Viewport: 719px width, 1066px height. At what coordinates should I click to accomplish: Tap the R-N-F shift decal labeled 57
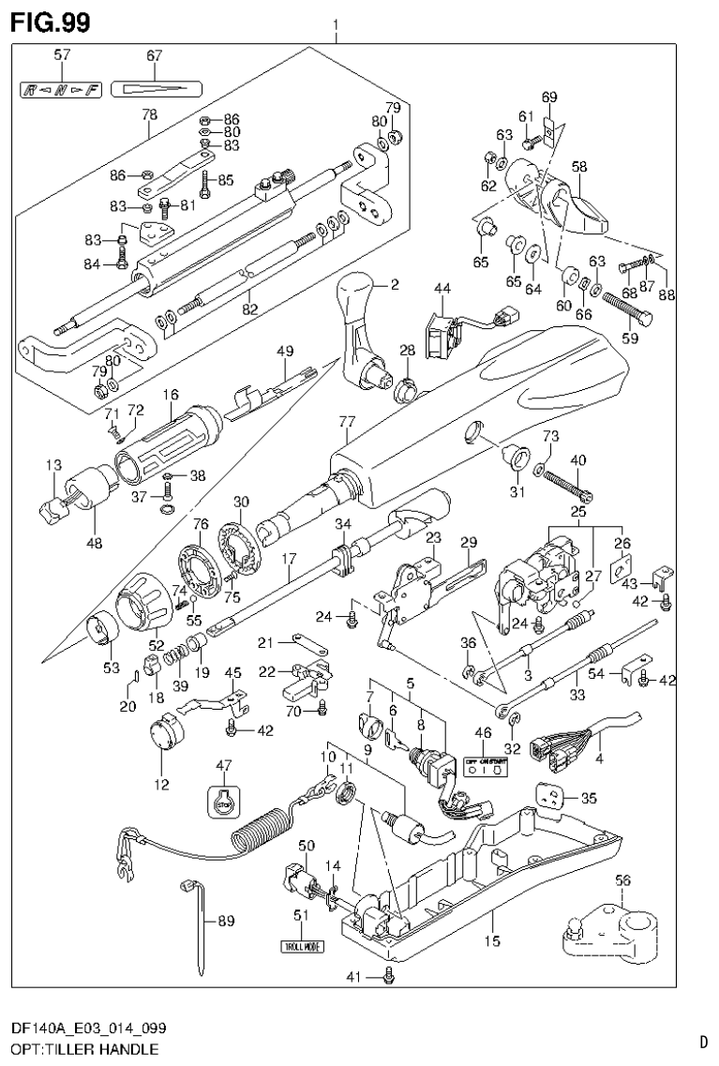pos(61,90)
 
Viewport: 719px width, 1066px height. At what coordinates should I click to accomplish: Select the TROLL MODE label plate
pos(302,946)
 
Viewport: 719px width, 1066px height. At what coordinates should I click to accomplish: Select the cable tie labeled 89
pos(199,923)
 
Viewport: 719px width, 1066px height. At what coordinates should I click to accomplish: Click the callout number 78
pos(149,114)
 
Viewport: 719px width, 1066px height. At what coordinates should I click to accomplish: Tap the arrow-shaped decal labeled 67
pos(157,90)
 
